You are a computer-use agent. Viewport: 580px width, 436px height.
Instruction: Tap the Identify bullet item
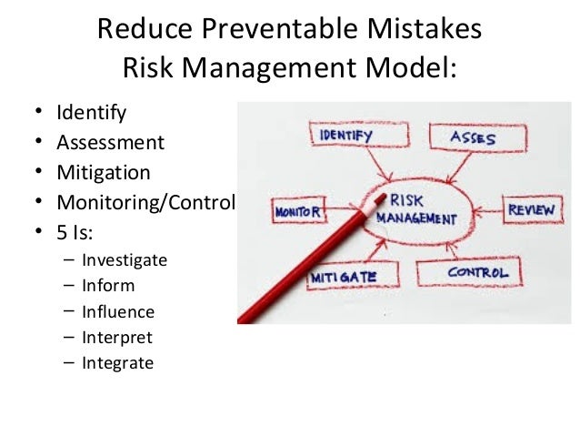click(x=91, y=114)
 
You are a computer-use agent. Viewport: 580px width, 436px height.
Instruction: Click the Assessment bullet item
click(x=110, y=143)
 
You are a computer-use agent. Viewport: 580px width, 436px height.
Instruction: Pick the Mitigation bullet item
click(x=104, y=172)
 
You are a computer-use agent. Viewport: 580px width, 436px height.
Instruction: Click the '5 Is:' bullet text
click(x=76, y=230)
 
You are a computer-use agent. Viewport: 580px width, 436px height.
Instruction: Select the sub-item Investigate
click(x=125, y=259)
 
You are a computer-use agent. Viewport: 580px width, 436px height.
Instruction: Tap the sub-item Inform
click(x=108, y=286)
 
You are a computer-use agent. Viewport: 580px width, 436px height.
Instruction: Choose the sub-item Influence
click(x=118, y=311)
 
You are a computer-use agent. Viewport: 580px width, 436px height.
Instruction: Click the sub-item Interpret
click(x=117, y=338)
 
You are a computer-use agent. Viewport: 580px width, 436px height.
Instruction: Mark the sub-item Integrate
click(x=117, y=363)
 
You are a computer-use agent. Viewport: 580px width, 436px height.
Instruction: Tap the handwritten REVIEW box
click(x=531, y=210)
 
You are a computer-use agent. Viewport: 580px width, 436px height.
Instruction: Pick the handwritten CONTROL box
click(x=477, y=272)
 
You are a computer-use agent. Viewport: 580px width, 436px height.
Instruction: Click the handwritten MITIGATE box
click(x=343, y=275)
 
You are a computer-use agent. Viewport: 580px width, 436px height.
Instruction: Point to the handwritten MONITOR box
click(x=297, y=212)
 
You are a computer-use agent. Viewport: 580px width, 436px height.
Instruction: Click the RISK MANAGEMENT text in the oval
click(x=421, y=208)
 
